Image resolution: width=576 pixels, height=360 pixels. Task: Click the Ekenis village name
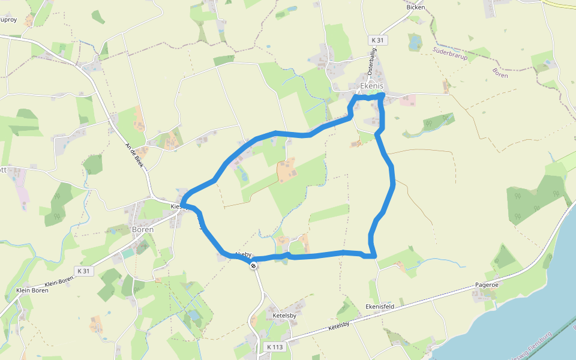tap(371, 86)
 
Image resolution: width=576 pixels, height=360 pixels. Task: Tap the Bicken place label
tap(415, 7)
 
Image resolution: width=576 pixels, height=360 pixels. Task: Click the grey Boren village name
tap(142, 229)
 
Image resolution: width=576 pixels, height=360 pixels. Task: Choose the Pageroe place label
tap(486, 284)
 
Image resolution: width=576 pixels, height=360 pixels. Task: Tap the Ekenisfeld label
tap(379, 306)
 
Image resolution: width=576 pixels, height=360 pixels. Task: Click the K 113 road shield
tap(274, 347)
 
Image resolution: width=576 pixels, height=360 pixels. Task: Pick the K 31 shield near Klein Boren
tap(84, 271)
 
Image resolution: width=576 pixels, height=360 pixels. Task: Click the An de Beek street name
tap(135, 155)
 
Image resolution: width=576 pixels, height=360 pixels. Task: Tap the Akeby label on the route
tap(243, 254)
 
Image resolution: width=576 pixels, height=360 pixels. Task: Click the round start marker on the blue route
tap(254, 265)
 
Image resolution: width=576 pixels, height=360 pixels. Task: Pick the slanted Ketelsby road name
tap(338, 326)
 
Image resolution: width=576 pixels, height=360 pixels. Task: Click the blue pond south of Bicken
tap(415, 42)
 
